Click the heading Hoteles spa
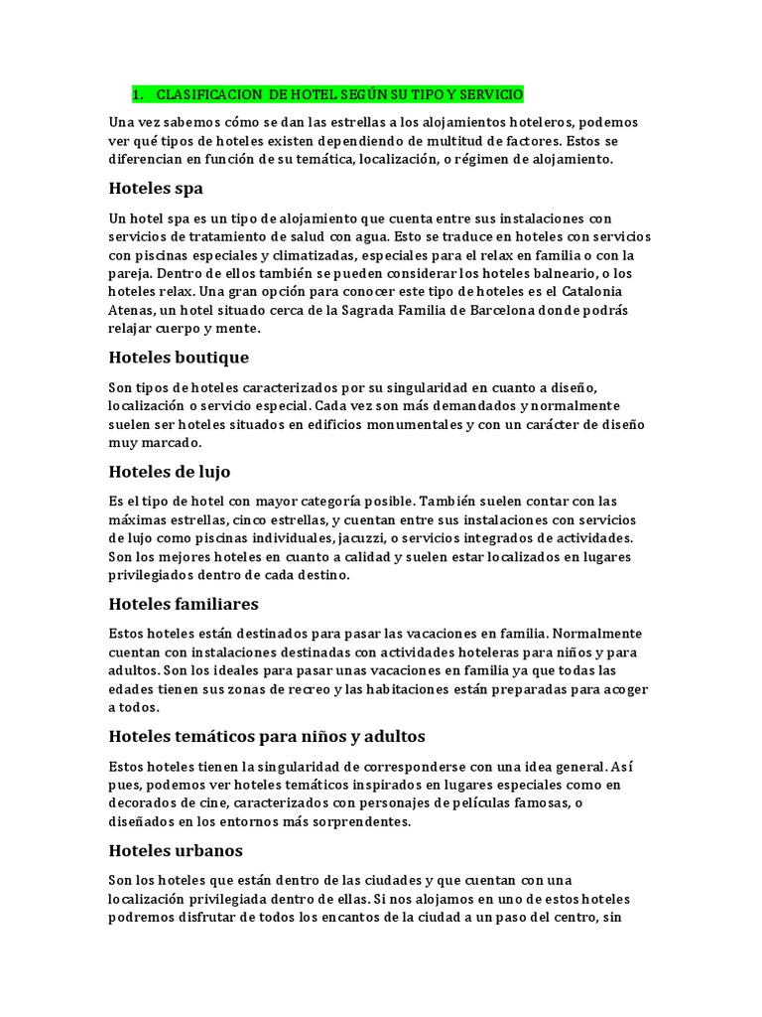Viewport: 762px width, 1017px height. (156, 189)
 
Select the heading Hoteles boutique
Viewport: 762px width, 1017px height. (179, 357)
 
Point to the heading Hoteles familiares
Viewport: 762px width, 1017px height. (184, 604)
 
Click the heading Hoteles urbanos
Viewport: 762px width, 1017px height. (176, 851)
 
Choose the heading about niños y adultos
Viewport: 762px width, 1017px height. (267, 737)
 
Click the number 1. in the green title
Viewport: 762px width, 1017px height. (138, 94)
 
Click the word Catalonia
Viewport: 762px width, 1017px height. (593, 292)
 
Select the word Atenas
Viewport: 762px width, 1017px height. (133, 310)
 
